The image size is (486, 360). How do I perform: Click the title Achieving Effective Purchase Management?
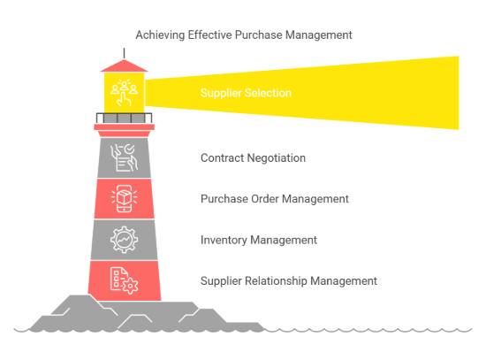click(x=243, y=34)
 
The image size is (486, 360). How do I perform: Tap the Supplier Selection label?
click(x=245, y=93)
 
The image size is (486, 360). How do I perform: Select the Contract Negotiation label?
click(x=253, y=158)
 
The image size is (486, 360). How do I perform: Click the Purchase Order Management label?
click(x=274, y=199)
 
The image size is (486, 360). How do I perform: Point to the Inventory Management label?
click(x=258, y=240)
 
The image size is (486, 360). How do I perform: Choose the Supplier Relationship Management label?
click(x=288, y=281)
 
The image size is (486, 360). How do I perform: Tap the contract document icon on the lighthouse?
click(x=124, y=157)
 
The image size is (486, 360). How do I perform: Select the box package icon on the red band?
click(x=124, y=198)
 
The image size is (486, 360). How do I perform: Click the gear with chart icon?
click(x=124, y=240)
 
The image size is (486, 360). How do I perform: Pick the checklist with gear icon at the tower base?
click(x=124, y=280)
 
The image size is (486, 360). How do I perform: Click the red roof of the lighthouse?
click(x=124, y=65)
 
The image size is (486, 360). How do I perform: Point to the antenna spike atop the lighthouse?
click(x=124, y=53)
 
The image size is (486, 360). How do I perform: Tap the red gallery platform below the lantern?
click(x=124, y=127)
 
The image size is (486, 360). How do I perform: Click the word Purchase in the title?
click(x=254, y=34)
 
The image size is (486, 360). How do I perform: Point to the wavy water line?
click(x=371, y=330)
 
